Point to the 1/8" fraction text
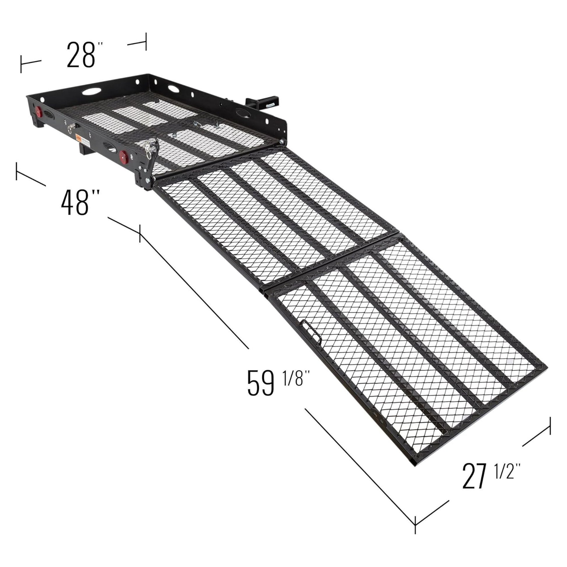pyautogui.click(x=296, y=378)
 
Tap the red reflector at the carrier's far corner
pyautogui.click(x=38, y=111)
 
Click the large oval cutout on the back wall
pyautogui.click(x=91, y=91)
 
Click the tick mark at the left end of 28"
pyautogui.click(x=21, y=64)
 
